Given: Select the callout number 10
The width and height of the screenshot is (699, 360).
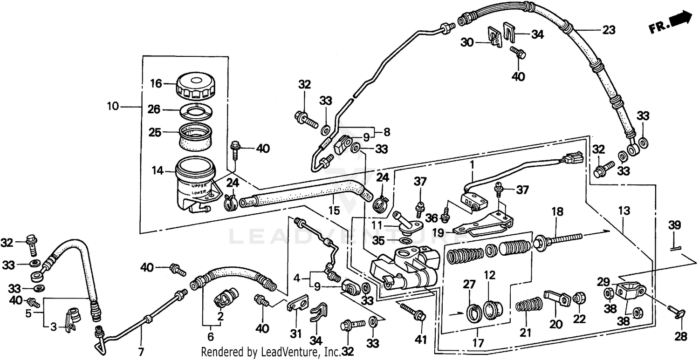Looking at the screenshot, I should [113, 107].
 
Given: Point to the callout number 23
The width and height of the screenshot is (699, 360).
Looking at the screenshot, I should [608, 30].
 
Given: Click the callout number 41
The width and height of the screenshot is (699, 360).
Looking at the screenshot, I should [421, 341].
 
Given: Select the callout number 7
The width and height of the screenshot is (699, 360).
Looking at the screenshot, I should [141, 350].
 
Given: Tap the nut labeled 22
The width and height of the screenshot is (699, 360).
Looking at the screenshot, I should [578, 297].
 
